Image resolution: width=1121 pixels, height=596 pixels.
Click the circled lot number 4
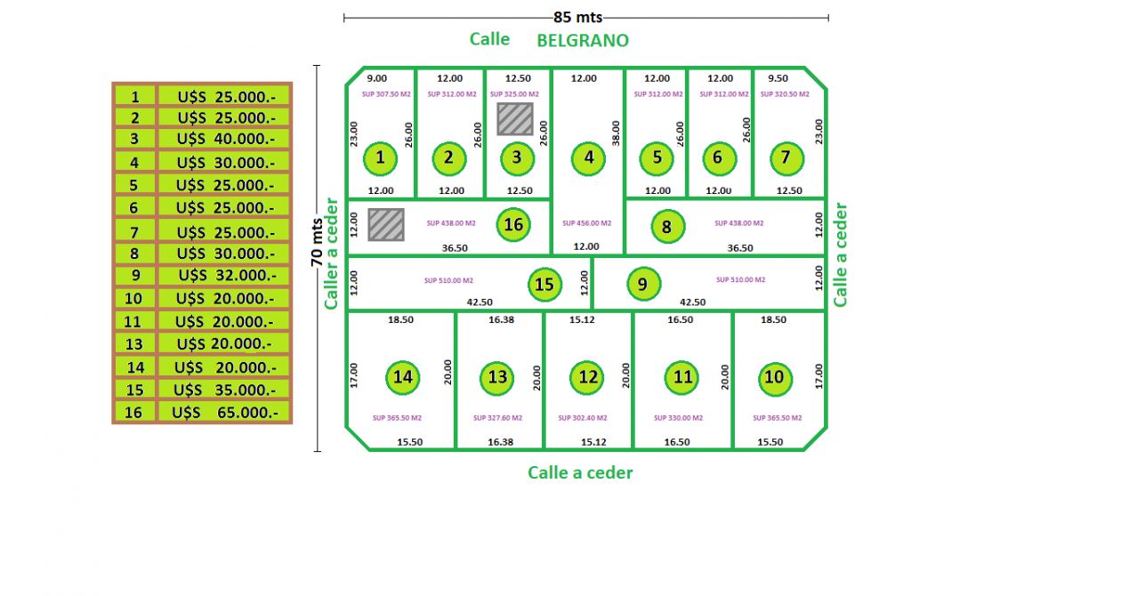pyautogui.click(x=589, y=159)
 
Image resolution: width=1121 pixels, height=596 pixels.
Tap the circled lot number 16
pyautogui.click(x=513, y=224)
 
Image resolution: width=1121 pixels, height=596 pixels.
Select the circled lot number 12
pyautogui.click(x=589, y=377)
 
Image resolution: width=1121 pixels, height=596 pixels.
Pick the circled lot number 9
pyautogui.click(x=643, y=285)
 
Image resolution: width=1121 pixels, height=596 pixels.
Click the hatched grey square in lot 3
pyautogui.click(x=515, y=118)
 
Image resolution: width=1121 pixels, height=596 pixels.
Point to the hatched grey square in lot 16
pyautogui.click(x=386, y=224)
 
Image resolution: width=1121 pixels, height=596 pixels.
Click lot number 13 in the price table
pyautogui.click(x=134, y=344)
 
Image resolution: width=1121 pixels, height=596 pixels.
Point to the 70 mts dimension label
pyautogui.click(x=317, y=241)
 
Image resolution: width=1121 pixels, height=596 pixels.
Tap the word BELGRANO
pyautogui.click(x=583, y=41)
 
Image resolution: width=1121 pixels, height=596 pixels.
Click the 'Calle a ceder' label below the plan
pyautogui.click(x=580, y=472)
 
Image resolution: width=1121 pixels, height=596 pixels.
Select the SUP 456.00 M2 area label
pyautogui.click(x=587, y=223)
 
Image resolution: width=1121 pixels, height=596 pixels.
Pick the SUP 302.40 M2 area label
pyautogui.click(x=583, y=418)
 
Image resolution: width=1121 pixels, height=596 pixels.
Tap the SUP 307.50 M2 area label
pyautogui.click(x=380, y=93)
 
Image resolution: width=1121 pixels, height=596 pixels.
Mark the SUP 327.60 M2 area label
pyautogui.click(x=497, y=418)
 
